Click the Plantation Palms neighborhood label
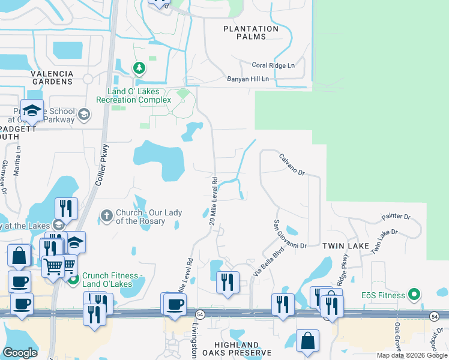click(x=251, y=33)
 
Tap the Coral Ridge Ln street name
click(x=273, y=65)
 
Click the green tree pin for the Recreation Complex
click(x=139, y=67)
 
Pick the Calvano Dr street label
click(x=292, y=164)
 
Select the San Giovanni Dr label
click(x=290, y=234)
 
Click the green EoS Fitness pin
click(x=413, y=295)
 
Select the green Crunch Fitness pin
click(x=74, y=279)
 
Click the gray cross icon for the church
click(x=106, y=215)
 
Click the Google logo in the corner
click(x=20, y=353)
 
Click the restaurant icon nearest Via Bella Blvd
click(x=228, y=281)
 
